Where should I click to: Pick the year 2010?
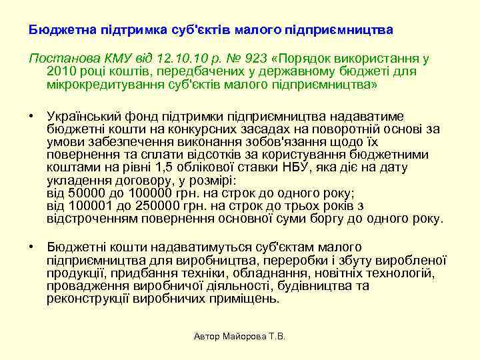click(63, 71)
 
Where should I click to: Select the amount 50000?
click(82, 193)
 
